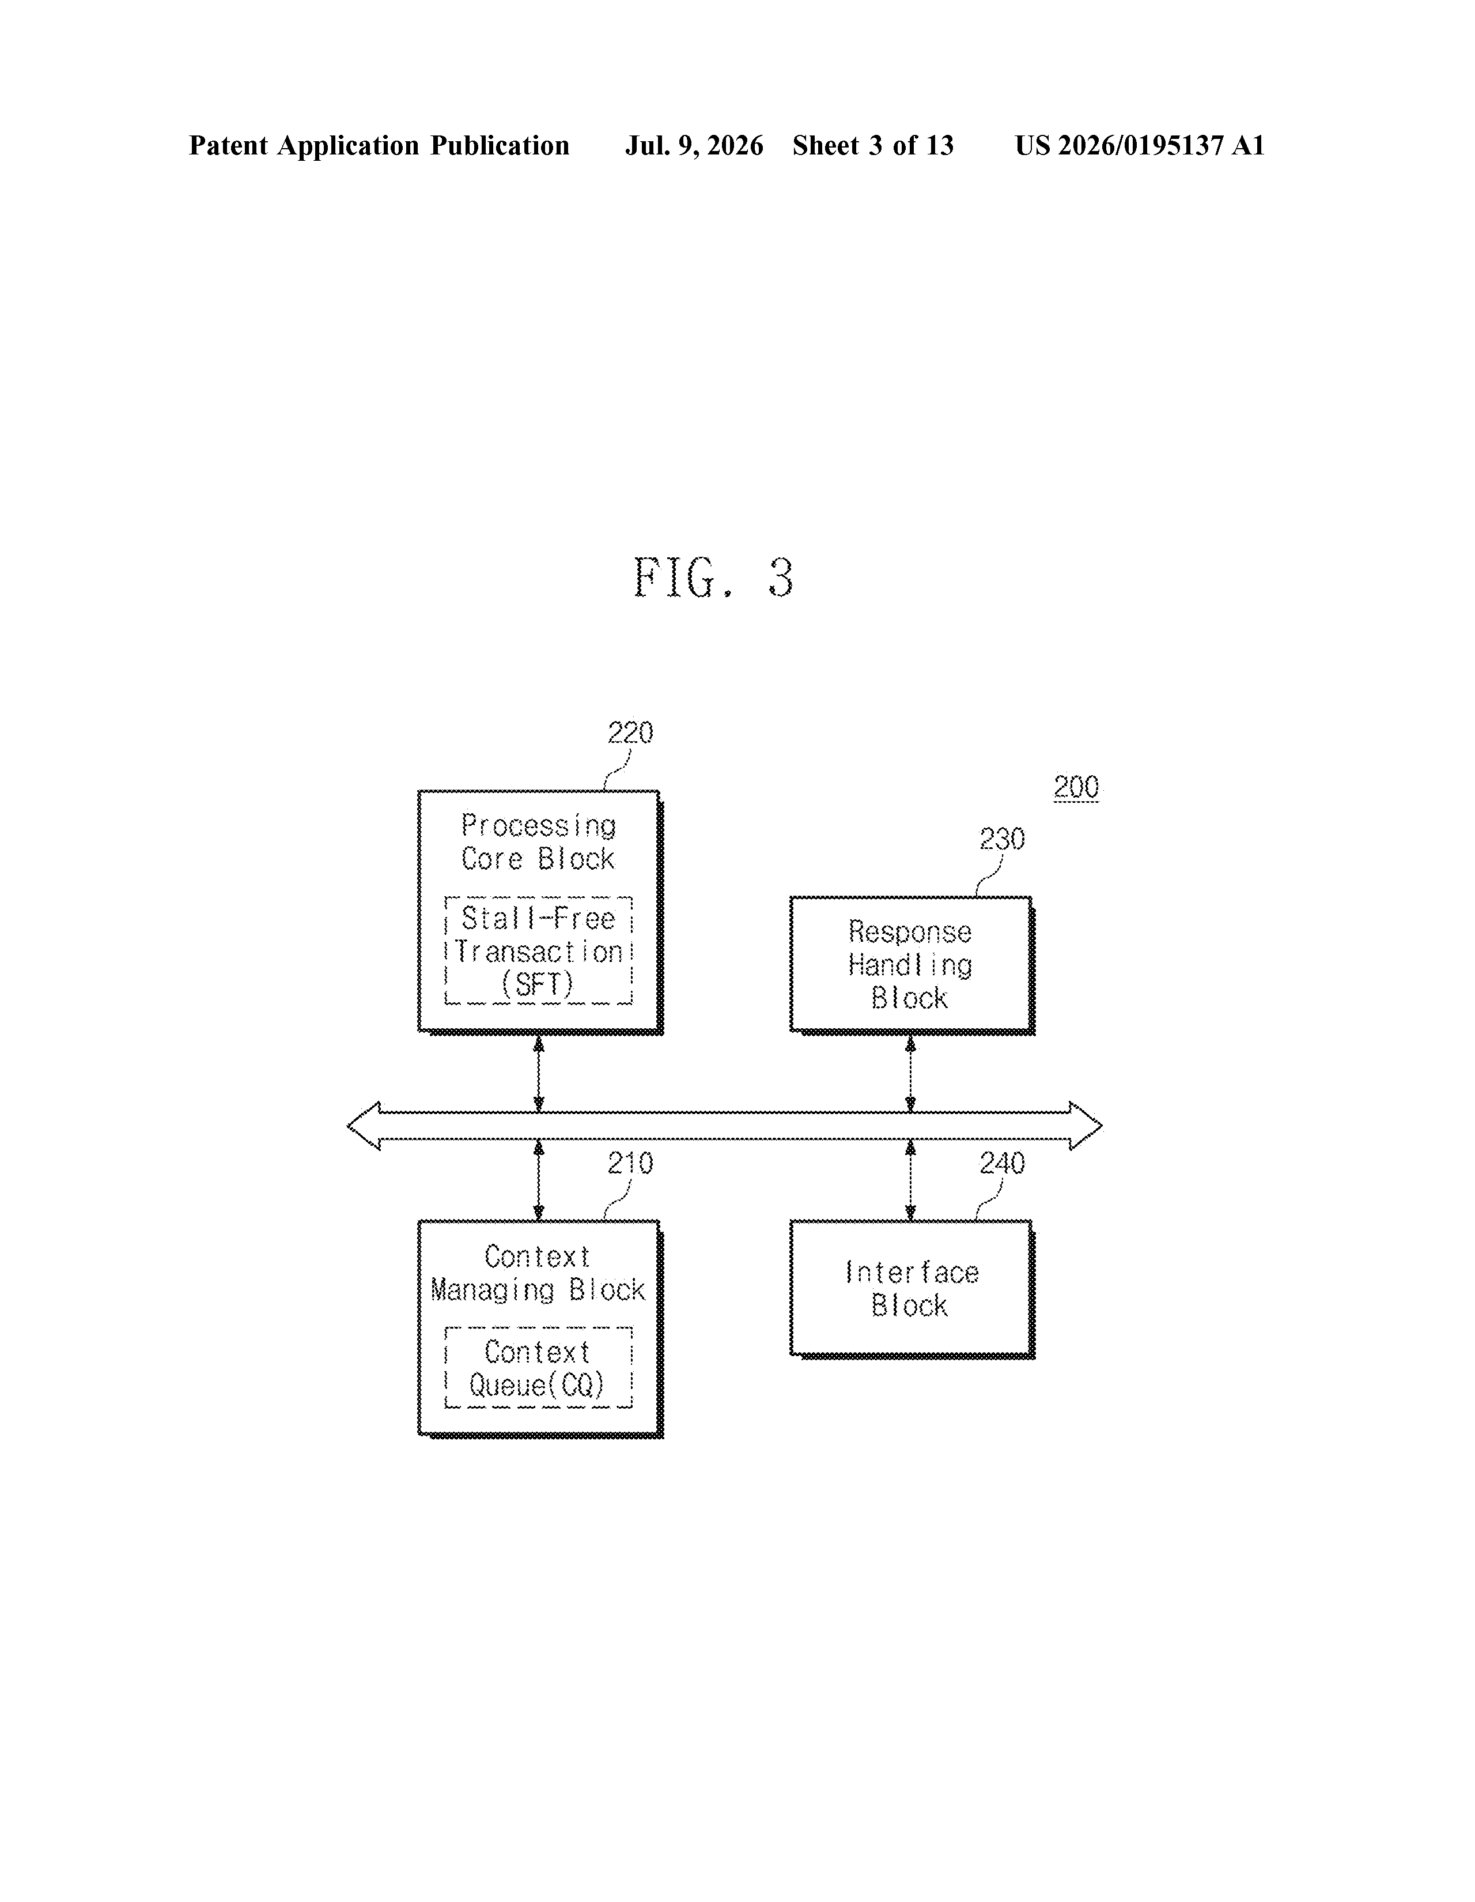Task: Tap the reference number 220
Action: pos(630,733)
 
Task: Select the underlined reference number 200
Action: pos(1076,787)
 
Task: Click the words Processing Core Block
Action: pos(538,842)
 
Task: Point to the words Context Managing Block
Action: pos(538,1273)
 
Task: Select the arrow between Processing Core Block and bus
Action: pos(539,1074)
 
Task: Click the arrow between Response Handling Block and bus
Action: pos(911,1074)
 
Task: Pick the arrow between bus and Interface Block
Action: pos(911,1180)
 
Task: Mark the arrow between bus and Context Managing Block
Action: pos(539,1180)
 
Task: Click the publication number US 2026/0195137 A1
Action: pos(1140,145)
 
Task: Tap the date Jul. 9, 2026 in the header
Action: pos(694,145)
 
